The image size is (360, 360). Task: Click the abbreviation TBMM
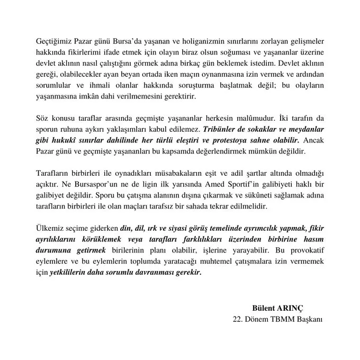[282, 319]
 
